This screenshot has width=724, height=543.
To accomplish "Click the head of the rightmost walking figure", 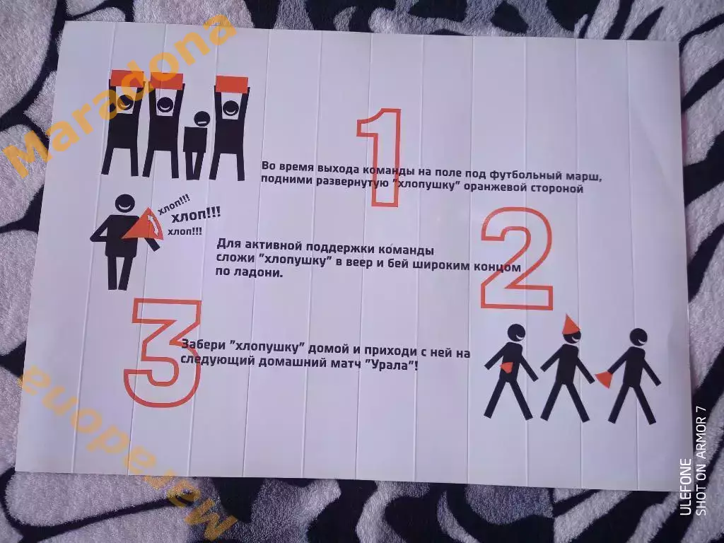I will (x=639, y=338).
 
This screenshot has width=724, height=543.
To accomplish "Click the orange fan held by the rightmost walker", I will (x=602, y=380).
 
